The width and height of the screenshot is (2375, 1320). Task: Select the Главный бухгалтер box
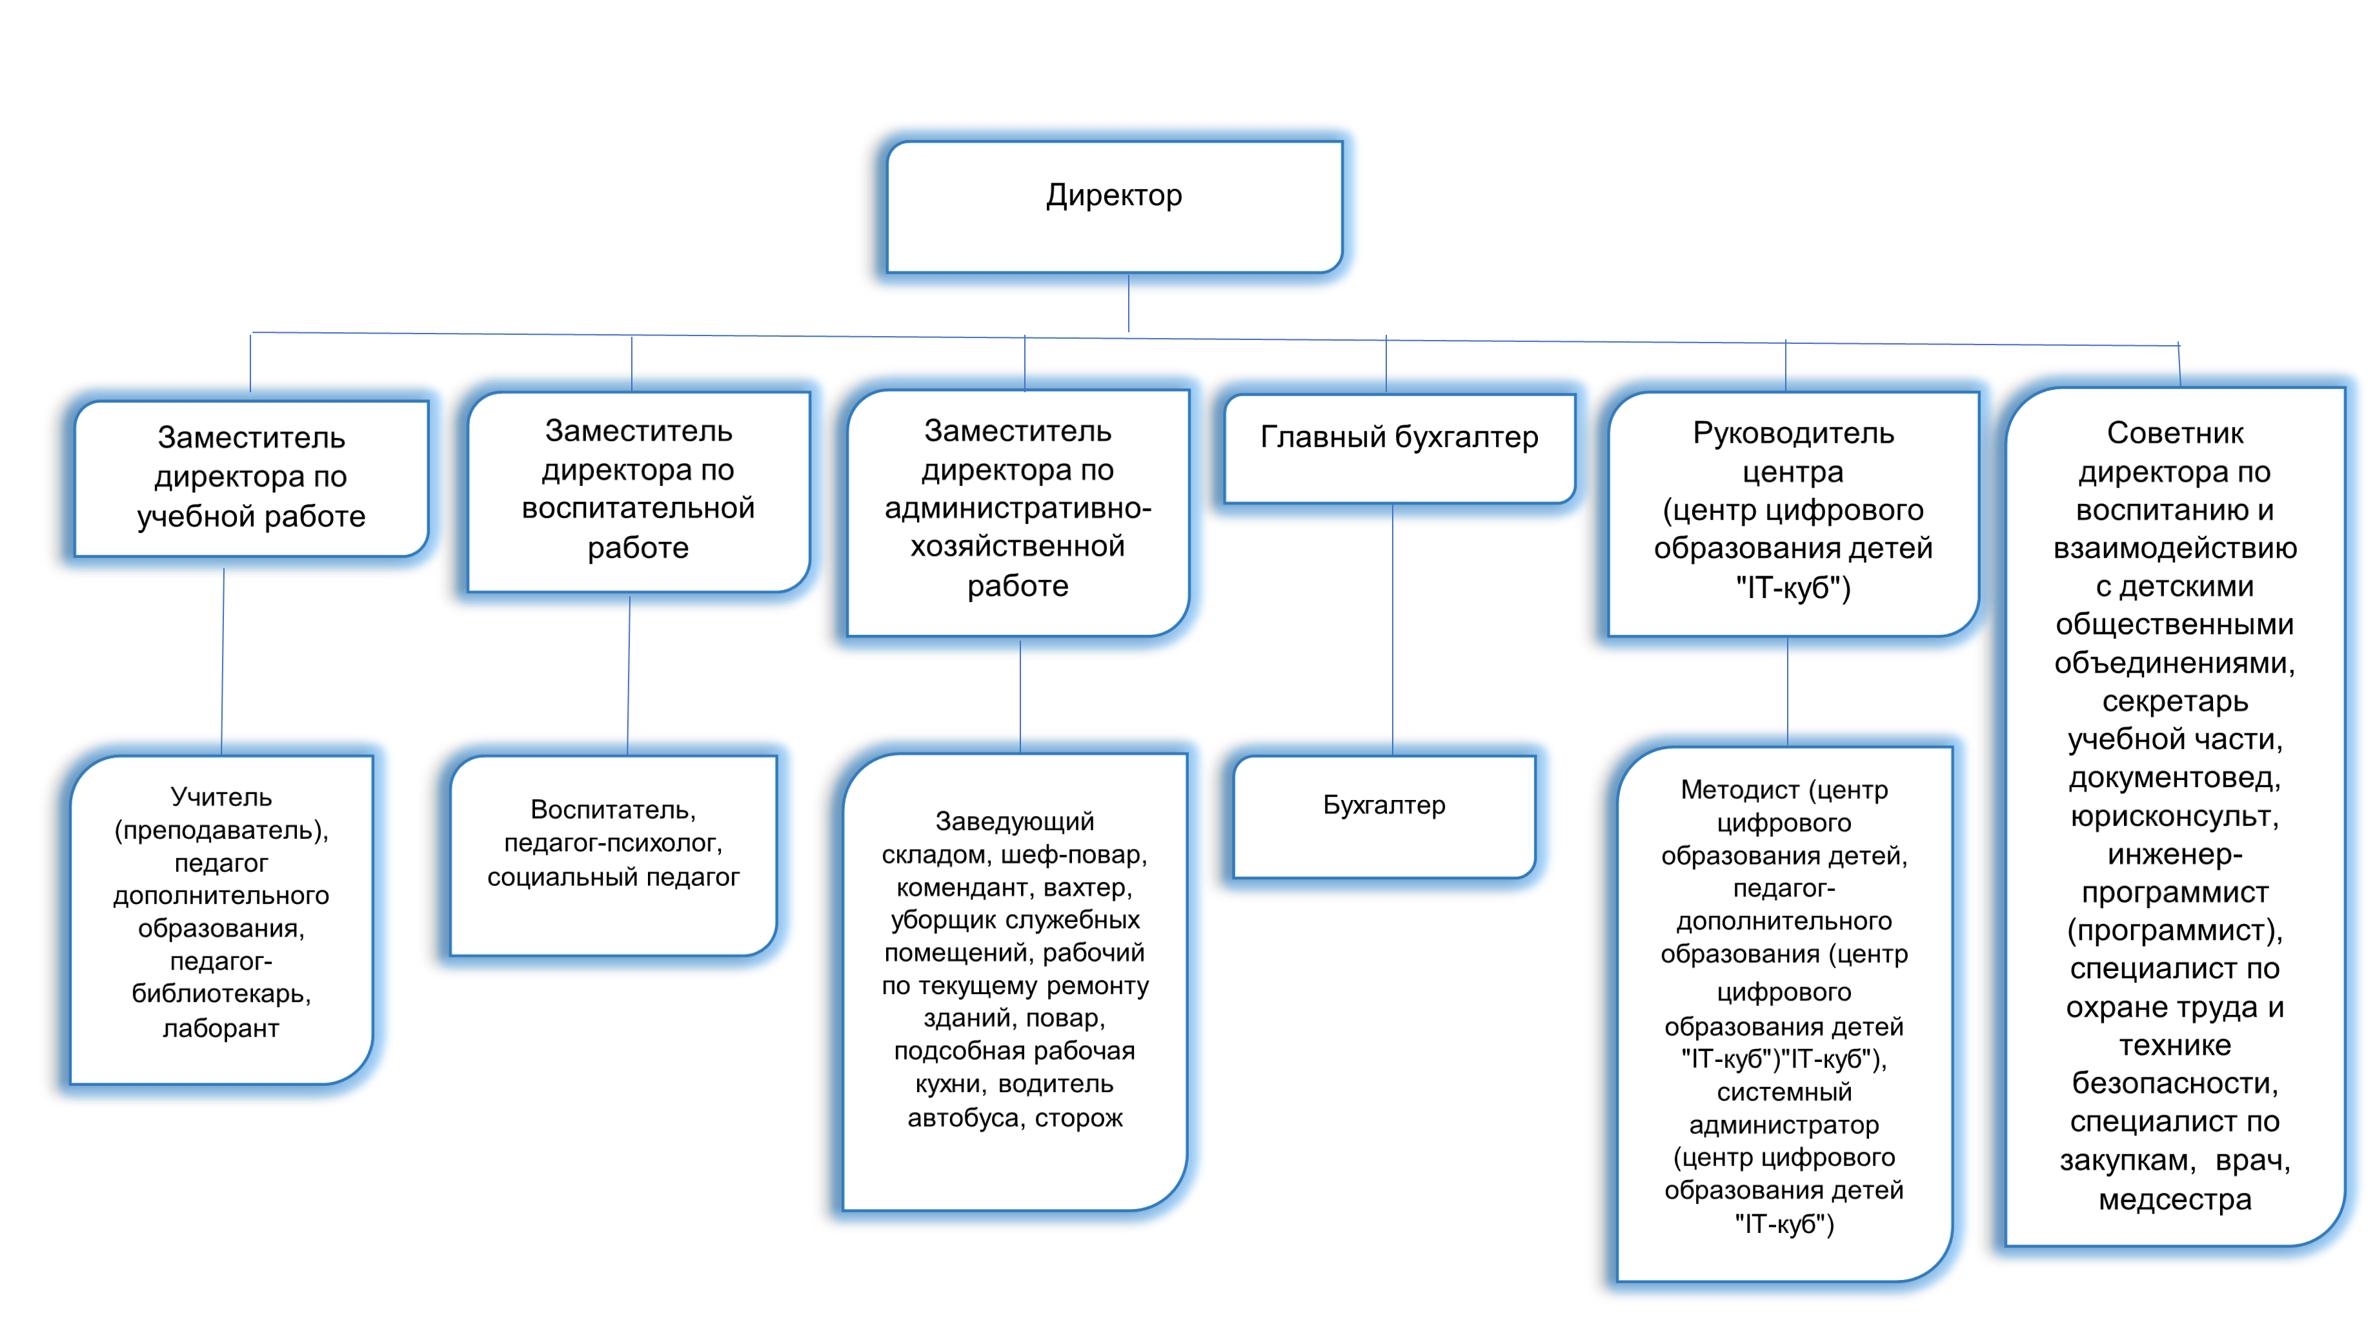point(1399,449)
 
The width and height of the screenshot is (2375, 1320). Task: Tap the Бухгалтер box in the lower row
point(1384,815)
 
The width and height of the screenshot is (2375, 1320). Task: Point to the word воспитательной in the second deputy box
point(638,508)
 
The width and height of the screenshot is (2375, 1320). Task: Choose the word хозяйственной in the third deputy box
point(1017,546)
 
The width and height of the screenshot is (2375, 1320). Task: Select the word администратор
point(1783,1126)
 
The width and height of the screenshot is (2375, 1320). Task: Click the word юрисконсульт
point(2174,817)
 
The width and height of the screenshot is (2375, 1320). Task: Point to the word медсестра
point(2174,1199)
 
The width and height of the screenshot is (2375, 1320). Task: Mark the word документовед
point(2174,778)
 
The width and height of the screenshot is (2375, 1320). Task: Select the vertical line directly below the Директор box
point(1129,312)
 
